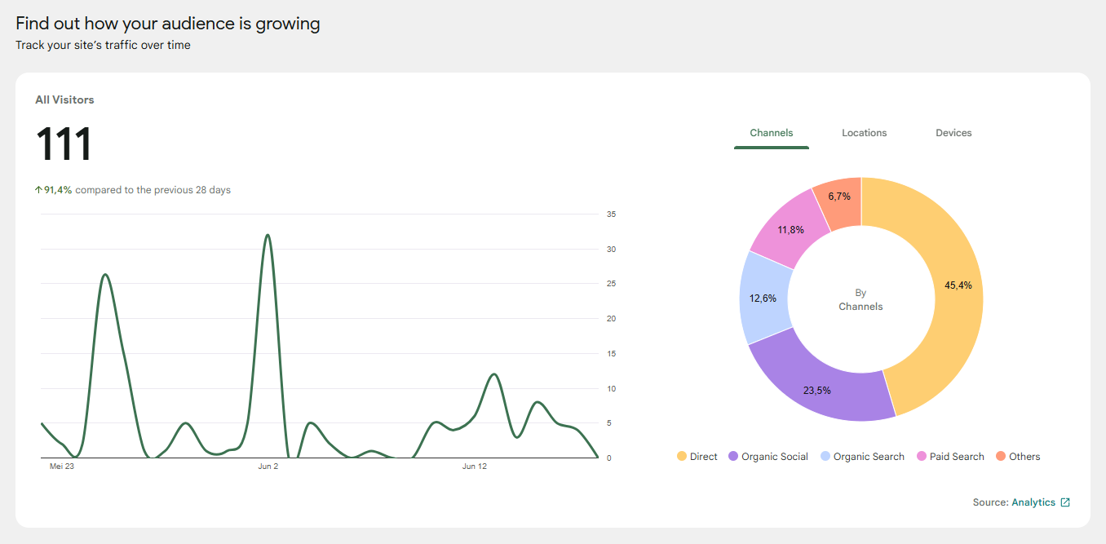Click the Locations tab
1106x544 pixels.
(x=864, y=133)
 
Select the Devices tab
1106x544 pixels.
(x=953, y=133)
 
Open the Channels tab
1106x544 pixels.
(x=772, y=133)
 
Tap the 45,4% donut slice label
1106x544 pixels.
(x=958, y=285)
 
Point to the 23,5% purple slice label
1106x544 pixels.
(x=816, y=391)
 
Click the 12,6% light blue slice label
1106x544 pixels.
(x=763, y=299)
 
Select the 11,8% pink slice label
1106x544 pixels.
(x=790, y=229)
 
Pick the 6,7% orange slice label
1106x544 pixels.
(x=839, y=197)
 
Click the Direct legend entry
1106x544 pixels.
(x=697, y=456)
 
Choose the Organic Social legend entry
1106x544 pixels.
(x=768, y=456)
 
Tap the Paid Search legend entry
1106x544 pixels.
(x=950, y=456)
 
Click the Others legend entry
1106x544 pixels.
(x=1018, y=456)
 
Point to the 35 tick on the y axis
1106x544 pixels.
(x=611, y=215)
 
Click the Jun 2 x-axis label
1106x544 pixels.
(x=268, y=466)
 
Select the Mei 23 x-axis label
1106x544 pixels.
(x=62, y=466)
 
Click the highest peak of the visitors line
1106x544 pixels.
(x=268, y=235)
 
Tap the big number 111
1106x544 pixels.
(x=64, y=144)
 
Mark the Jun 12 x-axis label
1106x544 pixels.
(x=475, y=466)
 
